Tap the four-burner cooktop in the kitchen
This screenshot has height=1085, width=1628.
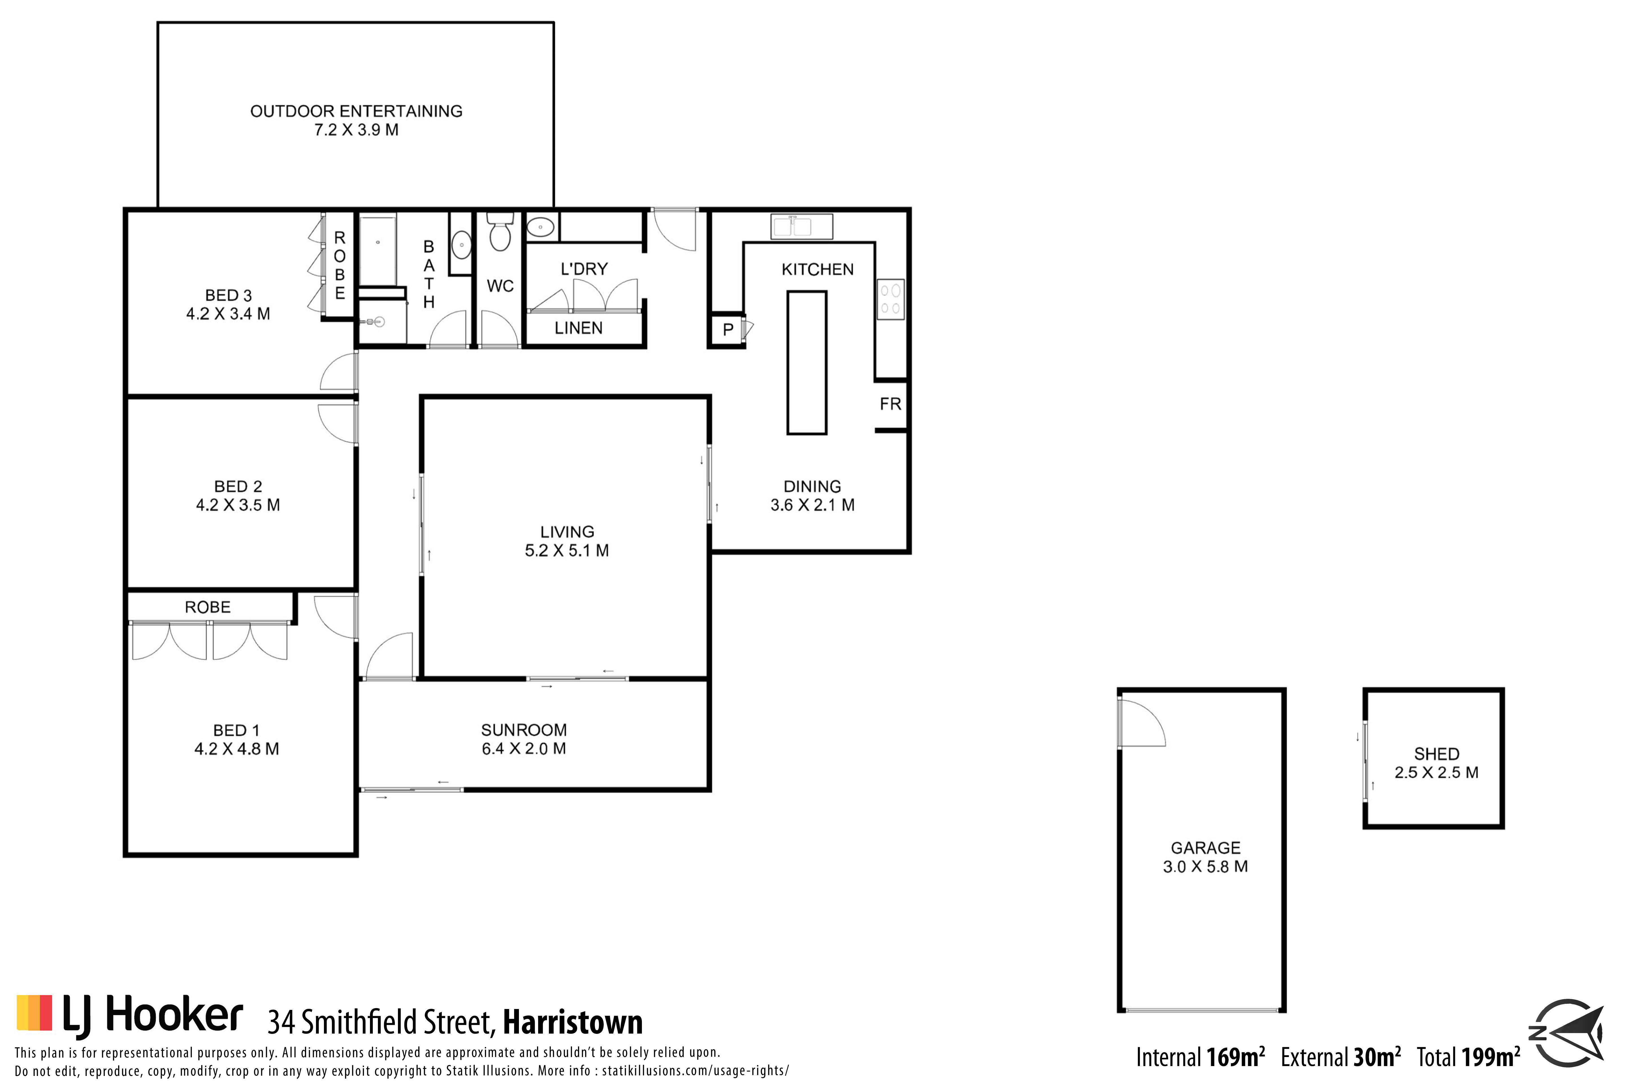coord(891,299)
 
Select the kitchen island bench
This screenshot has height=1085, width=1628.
coord(807,363)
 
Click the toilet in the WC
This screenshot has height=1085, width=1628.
coord(500,231)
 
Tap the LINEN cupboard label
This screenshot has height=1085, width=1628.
coord(579,328)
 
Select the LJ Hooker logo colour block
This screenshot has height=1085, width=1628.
coord(34,1012)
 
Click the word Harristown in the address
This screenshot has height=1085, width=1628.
coord(573,1022)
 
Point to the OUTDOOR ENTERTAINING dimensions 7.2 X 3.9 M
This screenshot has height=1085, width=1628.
coord(356,130)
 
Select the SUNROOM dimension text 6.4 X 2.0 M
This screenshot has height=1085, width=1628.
coord(524,749)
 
